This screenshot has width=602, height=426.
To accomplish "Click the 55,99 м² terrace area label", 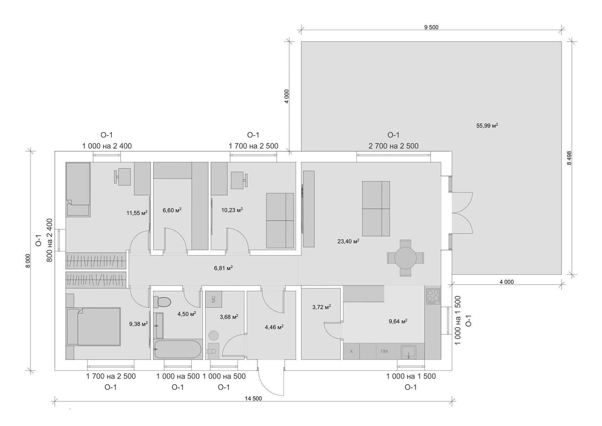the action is [487, 126].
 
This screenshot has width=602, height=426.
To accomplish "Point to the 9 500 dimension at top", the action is [431, 27].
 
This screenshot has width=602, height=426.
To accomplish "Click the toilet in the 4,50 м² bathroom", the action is [162, 302].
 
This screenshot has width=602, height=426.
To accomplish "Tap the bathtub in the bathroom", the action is [177, 350].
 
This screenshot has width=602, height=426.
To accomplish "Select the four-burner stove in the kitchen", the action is [433, 296].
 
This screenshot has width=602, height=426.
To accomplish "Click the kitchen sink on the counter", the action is [408, 351].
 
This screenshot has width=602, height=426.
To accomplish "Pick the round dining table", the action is [405, 258].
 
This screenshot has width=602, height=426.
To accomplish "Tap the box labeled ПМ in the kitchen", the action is [384, 351].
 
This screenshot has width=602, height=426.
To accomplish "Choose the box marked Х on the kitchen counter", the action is [351, 351].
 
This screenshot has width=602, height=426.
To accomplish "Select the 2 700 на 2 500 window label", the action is [393, 146].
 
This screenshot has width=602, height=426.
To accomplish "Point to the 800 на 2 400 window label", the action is [49, 240].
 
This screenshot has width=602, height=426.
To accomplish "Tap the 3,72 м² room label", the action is [321, 307].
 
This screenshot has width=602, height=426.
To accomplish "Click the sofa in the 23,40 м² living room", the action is [376, 208].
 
